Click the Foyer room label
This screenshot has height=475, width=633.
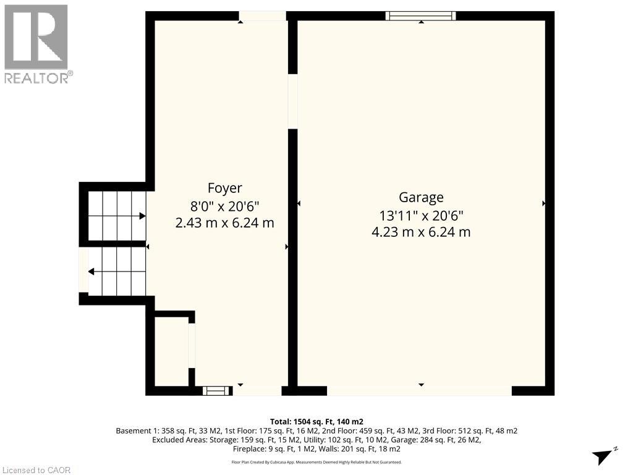pyautogui.click(x=224, y=188)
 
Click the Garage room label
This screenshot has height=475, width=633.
pyautogui.click(x=421, y=197)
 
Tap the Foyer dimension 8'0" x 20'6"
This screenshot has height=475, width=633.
pyautogui.click(x=224, y=205)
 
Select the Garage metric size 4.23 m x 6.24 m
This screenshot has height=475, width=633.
pyautogui.click(x=421, y=232)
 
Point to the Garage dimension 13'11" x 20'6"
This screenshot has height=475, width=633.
pyautogui.click(x=421, y=215)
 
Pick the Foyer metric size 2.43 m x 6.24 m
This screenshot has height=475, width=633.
pyautogui.click(x=224, y=223)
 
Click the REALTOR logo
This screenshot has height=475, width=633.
pyautogui.click(x=37, y=43)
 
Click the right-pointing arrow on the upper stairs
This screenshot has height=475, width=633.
pyautogui.click(x=142, y=216)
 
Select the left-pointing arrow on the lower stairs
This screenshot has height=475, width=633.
pyautogui.click(x=91, y=271)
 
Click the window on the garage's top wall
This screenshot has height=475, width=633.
pyautogui.click(x=420, y=16)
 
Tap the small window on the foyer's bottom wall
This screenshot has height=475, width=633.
pyautogui.click(x=216, y=390)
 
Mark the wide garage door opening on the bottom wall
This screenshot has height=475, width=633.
pyautogui.click(x=419, y=390)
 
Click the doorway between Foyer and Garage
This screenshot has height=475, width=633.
pyautogui.click(x=293, y=101)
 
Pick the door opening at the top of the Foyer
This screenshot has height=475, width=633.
pyautogui.click(x=262, y=16)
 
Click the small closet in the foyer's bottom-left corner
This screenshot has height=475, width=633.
pyautogui.click(x=171, y=351)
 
